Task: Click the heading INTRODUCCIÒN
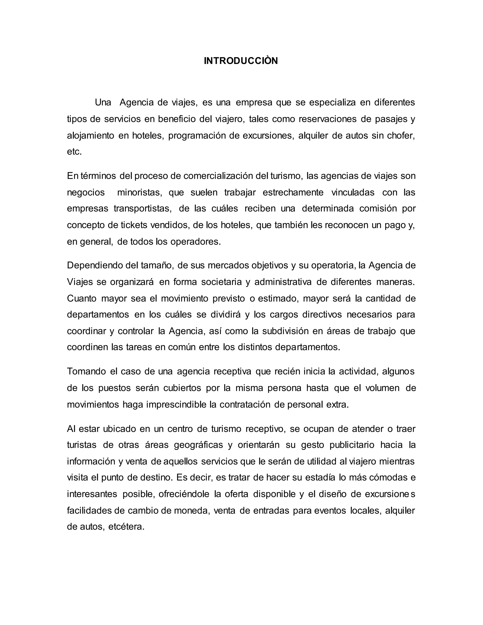point(241,61)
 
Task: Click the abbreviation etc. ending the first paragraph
point(74,152)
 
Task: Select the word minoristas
point(140,192)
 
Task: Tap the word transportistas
point(142,209)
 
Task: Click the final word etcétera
point(126,527)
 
